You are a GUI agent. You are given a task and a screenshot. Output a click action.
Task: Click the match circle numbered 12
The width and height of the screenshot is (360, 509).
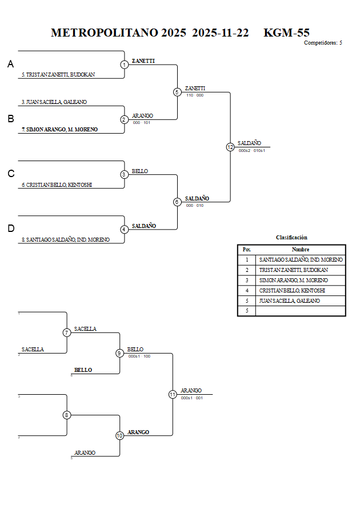pyautogui.click(x=230, y=147)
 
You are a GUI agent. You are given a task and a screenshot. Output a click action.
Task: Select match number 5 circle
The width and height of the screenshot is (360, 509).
pyautogui.click(x=177, y=92)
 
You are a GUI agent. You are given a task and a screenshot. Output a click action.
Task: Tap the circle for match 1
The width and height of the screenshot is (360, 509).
pyautogui.click(x=124, y=65)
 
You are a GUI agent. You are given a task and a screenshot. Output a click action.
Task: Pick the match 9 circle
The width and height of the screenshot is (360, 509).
pyautogui.click(x=119, y=353)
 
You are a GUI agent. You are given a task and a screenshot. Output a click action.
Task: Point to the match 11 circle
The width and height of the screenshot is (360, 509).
pyautogui.click(x=173, y=394)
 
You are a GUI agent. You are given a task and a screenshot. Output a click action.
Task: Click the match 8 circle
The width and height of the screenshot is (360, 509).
pyautogui.click(x=67, y=415)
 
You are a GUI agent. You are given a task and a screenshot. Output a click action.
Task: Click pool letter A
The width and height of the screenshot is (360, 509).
pyautogui.click(x=10, y=65)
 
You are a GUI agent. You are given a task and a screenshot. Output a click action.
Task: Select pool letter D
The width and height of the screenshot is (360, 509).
pyautogui.click(x=10, y=229)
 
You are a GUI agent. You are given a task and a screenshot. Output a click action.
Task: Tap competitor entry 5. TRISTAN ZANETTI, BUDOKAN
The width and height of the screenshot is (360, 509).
pyautogui.click(x=58, y=75)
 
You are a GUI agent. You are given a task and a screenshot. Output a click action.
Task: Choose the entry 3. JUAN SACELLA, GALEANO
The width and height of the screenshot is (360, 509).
pyautogui.click(x=54, y=102)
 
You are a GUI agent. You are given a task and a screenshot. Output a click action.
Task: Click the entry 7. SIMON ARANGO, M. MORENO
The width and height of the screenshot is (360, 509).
pyautogui.click(x=59, y=130)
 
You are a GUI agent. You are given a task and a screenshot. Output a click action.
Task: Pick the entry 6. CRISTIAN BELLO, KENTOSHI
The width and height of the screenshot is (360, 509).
pyautogui.click(x=57, y=185)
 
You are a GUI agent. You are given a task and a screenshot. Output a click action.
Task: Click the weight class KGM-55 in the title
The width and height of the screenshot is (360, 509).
pyautogui.click(x=286, y=33)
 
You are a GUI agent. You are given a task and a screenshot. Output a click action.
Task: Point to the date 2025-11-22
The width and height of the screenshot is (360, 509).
pyautogui.click(x=221, y=33)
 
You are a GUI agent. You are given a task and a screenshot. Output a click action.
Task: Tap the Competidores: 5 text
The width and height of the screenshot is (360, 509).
pyautogui.click(x=323, y=43)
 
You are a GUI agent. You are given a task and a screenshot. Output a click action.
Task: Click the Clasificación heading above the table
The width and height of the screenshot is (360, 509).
pyautogui.click(x=291, y=237)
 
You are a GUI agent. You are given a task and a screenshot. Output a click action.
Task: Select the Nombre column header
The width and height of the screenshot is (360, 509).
pyautogui.click(x=301, y=249)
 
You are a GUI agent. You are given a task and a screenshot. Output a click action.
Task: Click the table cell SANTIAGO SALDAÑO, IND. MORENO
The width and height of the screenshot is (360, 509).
pyautogui.click(x=301, y=260)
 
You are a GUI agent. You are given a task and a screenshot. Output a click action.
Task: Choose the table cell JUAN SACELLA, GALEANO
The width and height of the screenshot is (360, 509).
pyautogui.click(x=289, y=301)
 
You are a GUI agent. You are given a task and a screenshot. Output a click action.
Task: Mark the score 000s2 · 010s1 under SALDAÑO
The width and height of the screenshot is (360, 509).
pyautogui.click(x=251, y=150)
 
